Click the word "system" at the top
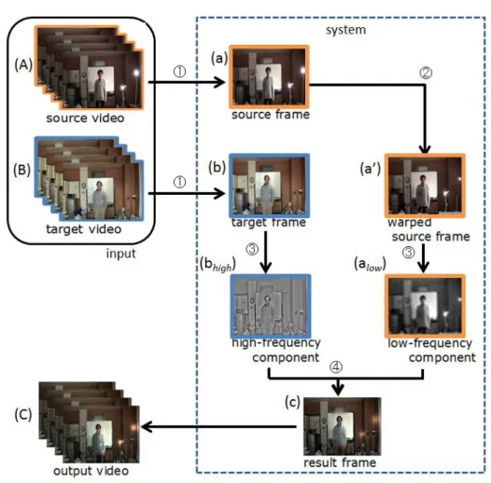coord(345,30)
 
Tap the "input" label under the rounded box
coord(120,254)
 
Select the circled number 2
coord(426,73)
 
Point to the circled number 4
coord(336,367)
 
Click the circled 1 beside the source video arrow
coord(179,72)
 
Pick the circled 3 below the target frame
coord(252,249)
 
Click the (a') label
coord(371,169)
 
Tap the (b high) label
coord(217,265)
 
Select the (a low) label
coord(370,264)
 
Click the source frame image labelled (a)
coord(269,76)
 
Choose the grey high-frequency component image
coord(271,306)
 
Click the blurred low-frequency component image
coord(425,306)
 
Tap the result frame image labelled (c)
coord(343,426)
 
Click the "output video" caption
coord(91,471)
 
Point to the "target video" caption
coord(84,229)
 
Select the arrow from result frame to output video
coord(219,426)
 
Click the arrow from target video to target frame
coord(187,193)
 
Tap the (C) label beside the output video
coord(23,415)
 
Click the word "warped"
coord(410,223)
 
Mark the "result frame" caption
coord(340,462)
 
